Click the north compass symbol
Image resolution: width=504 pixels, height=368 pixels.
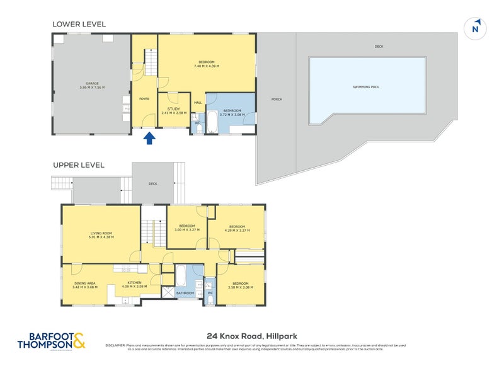coord(476,28)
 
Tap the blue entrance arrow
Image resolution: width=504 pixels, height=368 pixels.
coord(149,137)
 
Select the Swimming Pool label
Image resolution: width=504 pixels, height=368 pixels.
coord(366,87)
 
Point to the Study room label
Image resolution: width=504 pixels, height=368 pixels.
coord(173,111)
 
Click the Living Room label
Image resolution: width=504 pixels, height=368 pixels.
coord(101,236)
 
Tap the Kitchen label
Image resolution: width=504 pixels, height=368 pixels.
coord(137,284)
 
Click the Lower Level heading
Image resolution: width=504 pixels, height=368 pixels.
coord(79,24)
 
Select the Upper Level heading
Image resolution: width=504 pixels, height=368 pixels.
coord(78,165)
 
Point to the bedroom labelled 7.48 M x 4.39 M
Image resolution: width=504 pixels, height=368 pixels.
coord(205,63)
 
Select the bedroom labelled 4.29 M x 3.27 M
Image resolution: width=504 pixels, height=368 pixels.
coord(237,228)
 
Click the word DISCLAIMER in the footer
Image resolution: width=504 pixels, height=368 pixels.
coord(116,345)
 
